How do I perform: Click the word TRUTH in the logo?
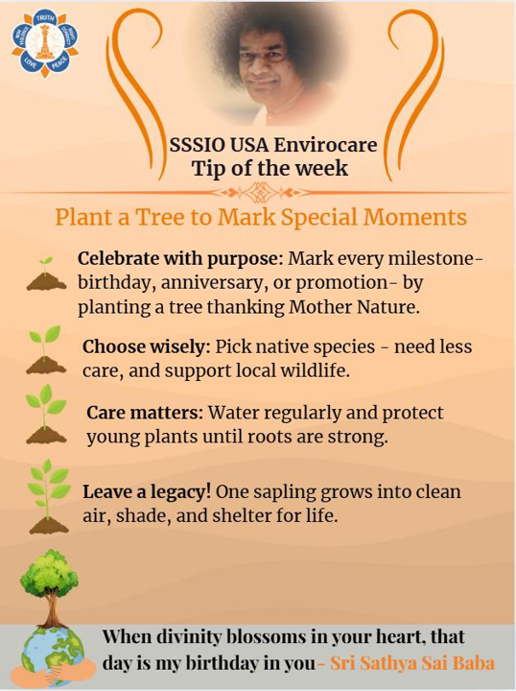coord(44,17)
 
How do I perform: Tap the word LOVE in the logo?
coord(31,63)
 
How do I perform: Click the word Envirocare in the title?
coord(325,145)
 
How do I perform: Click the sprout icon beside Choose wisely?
coord(45,350)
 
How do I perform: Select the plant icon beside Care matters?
coord(46,414)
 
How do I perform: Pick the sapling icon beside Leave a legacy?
coord(48,496)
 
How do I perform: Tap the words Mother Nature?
coord(353,307)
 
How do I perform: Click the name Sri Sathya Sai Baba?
coord(412,663)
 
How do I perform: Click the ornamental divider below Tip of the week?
coord(258,193)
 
